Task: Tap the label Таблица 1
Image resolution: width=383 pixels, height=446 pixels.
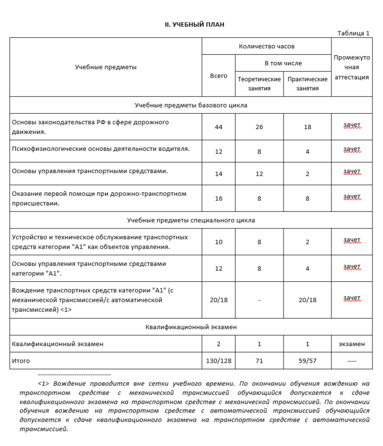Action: pos(353,33)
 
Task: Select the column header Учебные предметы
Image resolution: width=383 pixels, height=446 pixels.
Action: pos(105,67)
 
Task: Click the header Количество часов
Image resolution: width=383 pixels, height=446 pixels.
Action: pos(267,46)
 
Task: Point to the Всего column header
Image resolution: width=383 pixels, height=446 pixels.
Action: pos(218,76)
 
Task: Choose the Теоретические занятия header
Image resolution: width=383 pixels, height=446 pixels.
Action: pos(259,84)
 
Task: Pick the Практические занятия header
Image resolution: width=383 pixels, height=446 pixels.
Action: pos(307,84)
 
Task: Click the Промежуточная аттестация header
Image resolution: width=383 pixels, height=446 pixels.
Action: pos(352,67)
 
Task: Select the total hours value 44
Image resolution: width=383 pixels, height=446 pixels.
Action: pos(218,127)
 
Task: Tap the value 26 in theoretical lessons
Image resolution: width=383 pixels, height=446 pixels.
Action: pos(259,127)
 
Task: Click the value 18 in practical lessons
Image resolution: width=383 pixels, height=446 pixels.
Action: pos(307,127)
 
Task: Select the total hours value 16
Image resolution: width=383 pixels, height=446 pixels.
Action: pos(218,198)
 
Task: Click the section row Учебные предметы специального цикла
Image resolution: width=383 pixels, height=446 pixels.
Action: pos(191,220)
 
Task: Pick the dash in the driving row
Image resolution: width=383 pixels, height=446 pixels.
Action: pos(259,300)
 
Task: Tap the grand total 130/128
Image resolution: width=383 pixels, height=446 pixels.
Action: pos(218,361)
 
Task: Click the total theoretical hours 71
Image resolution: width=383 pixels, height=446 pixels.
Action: pos(259,361)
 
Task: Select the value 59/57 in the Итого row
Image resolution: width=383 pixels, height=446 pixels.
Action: pos(307,361)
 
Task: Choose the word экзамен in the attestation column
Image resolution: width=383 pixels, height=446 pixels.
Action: pos(352,344)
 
